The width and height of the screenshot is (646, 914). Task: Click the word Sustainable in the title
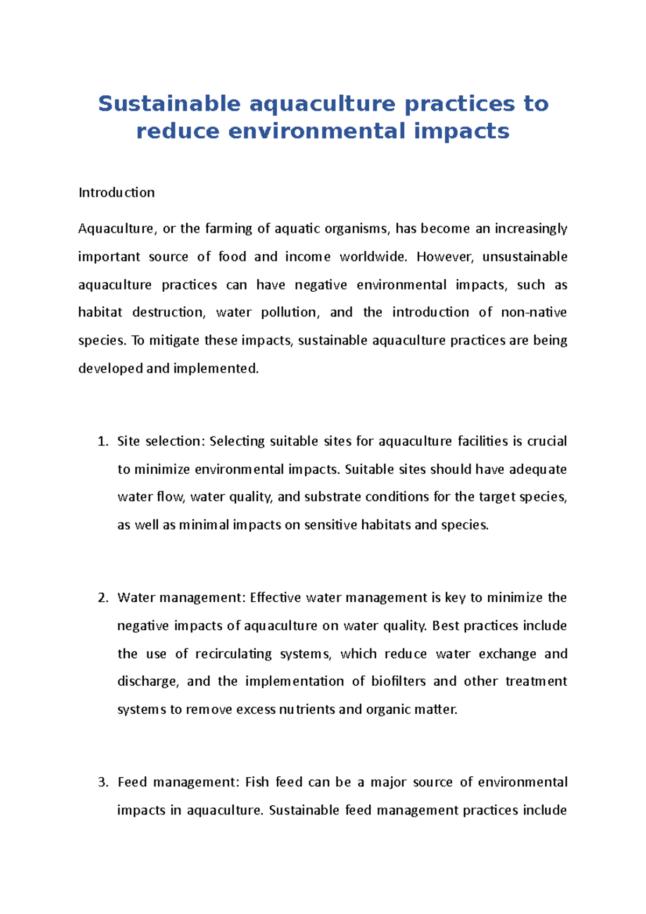pyautogui.click(x=168, y=103)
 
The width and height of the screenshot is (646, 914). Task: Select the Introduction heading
pyautogui.click(x=116, y=193)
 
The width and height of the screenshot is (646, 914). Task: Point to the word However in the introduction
pyautogui.click(x=445, y=257)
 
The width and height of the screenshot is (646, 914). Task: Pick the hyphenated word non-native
pyautogui.click(x=533, y=312)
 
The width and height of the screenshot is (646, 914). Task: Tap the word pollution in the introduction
pyautogui.click(x=290, y=312)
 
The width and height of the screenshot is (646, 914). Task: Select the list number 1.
pyautogui.click(x=102, y=441)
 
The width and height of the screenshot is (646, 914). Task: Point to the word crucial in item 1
pyautogui.click(x=546, y=441)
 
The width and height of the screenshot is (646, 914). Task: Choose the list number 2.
pyautogui.click(x=102, y=598)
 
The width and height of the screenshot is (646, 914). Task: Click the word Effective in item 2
pyautogui.click(x=275, y=598)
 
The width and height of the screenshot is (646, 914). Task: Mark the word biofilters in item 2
pyautogui.click(x=398, y=681)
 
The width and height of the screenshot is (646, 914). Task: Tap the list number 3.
pyautogui.click(x=102, y=782)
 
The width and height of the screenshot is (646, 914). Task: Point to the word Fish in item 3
pyautogui.click(x=257, y=782)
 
